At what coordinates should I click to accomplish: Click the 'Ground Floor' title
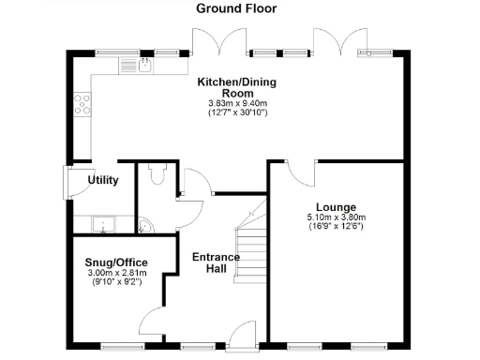pyautogui.click(x=235, y=8)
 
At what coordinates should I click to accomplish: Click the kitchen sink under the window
pyautogui.click(x=145, y=65)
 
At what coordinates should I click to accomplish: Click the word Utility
pyautogui.click(x=102, y=180)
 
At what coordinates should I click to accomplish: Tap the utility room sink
pyautogui.click(x=102, y=223)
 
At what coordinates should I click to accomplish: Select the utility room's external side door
pyautogui.click(x=67, y=182)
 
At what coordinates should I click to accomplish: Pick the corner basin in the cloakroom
pyautogui.click(x=143, y=225)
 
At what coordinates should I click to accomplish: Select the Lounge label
pyautogui.click(x=335, y=207)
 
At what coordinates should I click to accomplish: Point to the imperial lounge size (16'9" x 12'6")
pyautogui.click(x=335, y=228)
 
